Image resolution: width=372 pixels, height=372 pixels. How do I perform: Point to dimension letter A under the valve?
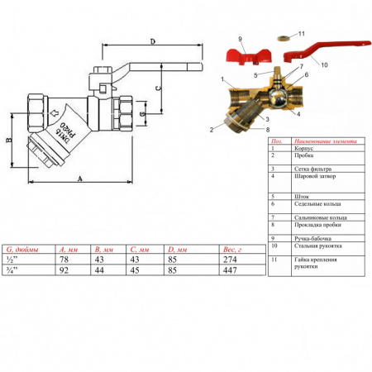pos(80,177)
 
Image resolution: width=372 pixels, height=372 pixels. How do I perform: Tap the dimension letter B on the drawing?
pos(11,141)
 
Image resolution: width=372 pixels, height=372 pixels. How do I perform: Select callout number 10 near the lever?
pos(324,64)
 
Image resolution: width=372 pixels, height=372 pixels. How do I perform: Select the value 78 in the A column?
pos(64,259)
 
